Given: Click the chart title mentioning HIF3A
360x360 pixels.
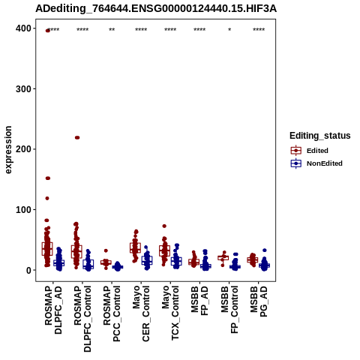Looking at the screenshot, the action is (156, 9).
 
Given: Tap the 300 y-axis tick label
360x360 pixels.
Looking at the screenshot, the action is (23, 89).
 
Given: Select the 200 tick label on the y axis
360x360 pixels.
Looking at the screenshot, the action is (23, 149).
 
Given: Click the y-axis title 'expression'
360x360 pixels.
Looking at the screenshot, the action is (8, 150).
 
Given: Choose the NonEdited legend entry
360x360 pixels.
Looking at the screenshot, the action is (316, 163).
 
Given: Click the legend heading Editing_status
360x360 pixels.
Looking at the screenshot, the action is (320, 136).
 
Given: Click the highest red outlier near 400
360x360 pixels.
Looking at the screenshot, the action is (47, 31).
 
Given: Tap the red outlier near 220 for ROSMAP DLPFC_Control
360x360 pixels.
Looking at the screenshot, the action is (77, 137).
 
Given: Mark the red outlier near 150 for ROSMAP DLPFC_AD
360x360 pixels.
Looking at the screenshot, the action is (47, 178).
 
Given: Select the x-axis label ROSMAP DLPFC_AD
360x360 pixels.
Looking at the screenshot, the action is (53, 310).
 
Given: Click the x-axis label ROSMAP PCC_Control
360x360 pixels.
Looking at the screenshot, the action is (112, 314).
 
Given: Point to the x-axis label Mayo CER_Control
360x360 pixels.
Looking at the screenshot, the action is (141, 314).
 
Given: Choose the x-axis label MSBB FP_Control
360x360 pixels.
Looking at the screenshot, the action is (229, 310).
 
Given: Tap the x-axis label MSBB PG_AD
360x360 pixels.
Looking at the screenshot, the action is (259, 301).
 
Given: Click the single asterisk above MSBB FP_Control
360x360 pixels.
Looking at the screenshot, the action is (229, 30).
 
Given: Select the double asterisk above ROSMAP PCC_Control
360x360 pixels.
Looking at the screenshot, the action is (112, 30).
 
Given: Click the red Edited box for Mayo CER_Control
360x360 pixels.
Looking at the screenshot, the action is (135, 247).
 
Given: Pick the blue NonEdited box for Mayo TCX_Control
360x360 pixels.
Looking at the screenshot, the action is (176, 261).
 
